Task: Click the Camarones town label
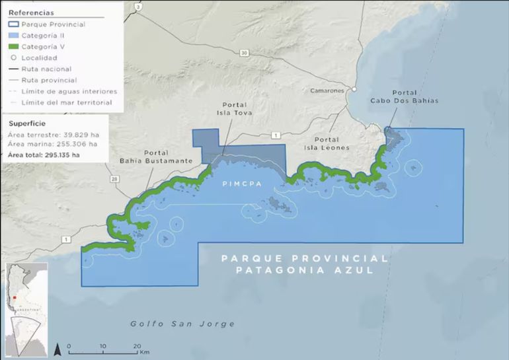click(x=328, y=90)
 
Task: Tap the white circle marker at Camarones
click(x=354, y=89)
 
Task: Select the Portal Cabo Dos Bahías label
click(x=414, y=96)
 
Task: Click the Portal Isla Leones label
click(x=327, y=143)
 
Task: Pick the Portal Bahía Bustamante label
click(x=156, y=156)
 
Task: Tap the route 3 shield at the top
click(x=138, y=6)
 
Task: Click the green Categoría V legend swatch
click(x=14, y=47)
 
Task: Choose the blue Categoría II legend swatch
click(x=14, y=36)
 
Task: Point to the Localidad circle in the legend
click(x=14, y=58)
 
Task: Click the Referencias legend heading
click(x=31, y=13)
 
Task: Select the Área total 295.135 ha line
click(x=44, y=155)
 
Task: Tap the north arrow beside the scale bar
click(x=58, y=348)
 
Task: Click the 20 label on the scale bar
click(x=136, y=345)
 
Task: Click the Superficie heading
click(x=27, y=124)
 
